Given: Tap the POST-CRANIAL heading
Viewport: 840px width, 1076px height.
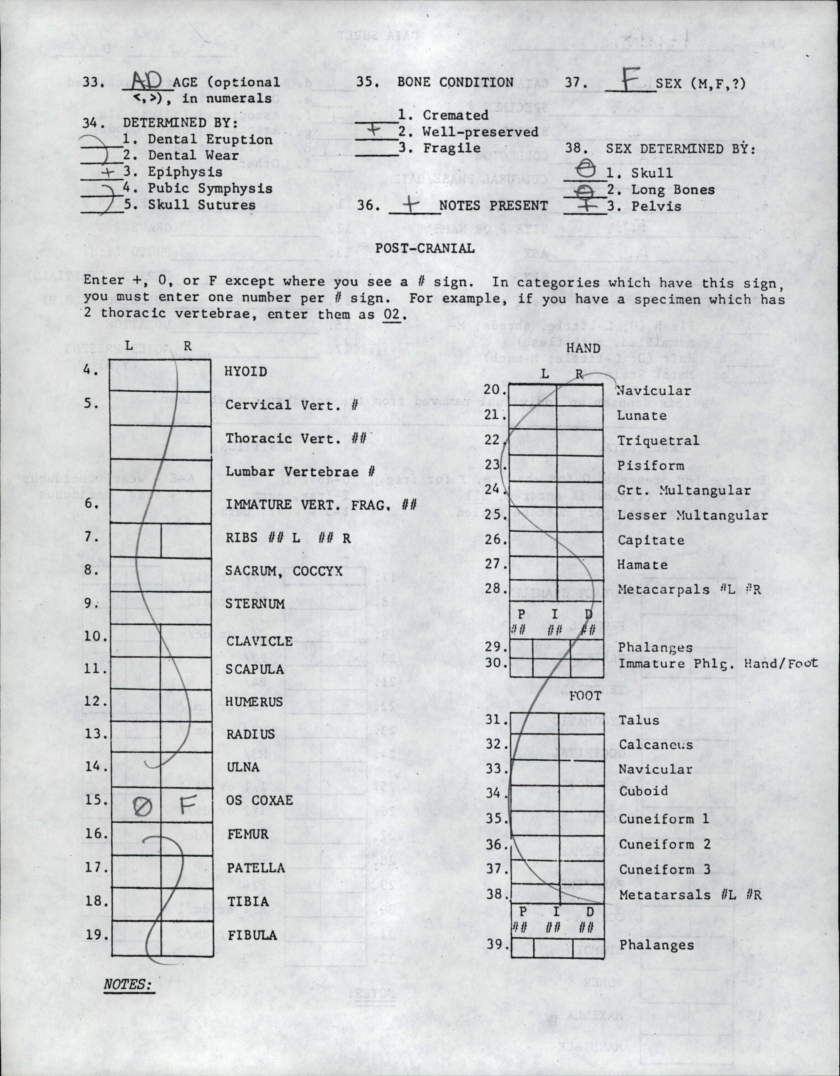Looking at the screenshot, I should click(x=425, y=248).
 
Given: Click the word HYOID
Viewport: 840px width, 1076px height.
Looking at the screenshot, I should click(x=246, y=371).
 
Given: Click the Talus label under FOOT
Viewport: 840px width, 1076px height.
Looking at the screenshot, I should click(x=639, y=720).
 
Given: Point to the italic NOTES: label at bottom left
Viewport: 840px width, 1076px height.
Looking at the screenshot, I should click(x=127, y=970).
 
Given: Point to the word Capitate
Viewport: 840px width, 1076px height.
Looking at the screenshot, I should click(x=651, y=540).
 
